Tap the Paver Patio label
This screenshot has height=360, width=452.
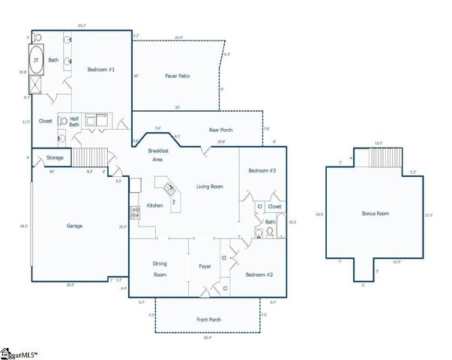(180, 76)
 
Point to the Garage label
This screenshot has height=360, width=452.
(74, 225)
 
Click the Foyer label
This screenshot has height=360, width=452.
(205, 266)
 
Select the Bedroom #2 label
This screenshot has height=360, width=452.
(259, 275)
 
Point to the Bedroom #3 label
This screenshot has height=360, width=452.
(262, 171)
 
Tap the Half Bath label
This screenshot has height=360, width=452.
(75, 121)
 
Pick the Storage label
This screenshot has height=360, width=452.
(55, 157)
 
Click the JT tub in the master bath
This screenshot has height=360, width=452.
(35, 62)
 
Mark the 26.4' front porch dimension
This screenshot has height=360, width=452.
(208, 337)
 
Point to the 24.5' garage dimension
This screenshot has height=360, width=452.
(24, 226)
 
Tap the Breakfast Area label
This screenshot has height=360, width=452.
(159, 154)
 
